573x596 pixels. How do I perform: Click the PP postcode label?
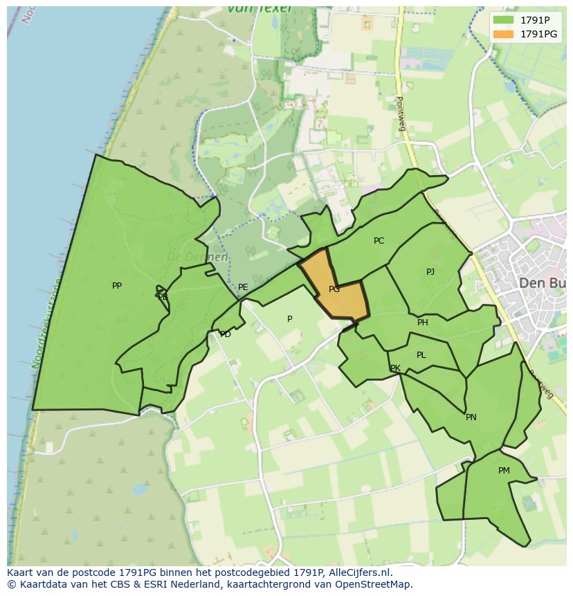117,285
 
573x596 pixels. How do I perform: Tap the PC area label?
379,241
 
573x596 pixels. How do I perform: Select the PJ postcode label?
430,271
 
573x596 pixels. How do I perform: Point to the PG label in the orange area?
334,289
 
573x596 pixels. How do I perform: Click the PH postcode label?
423,323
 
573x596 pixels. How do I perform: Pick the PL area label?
421,355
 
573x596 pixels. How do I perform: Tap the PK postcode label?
395,368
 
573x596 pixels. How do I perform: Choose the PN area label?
471,417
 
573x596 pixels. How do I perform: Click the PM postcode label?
504,471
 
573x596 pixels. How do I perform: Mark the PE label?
243,287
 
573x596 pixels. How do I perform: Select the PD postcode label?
226,334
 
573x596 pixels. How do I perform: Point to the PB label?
163,297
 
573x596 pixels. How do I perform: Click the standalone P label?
290,319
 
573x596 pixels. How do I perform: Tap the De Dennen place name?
197,257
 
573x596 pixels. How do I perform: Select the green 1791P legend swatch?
503,19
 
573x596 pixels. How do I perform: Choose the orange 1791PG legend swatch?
503,34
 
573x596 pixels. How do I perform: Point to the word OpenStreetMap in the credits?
372,584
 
